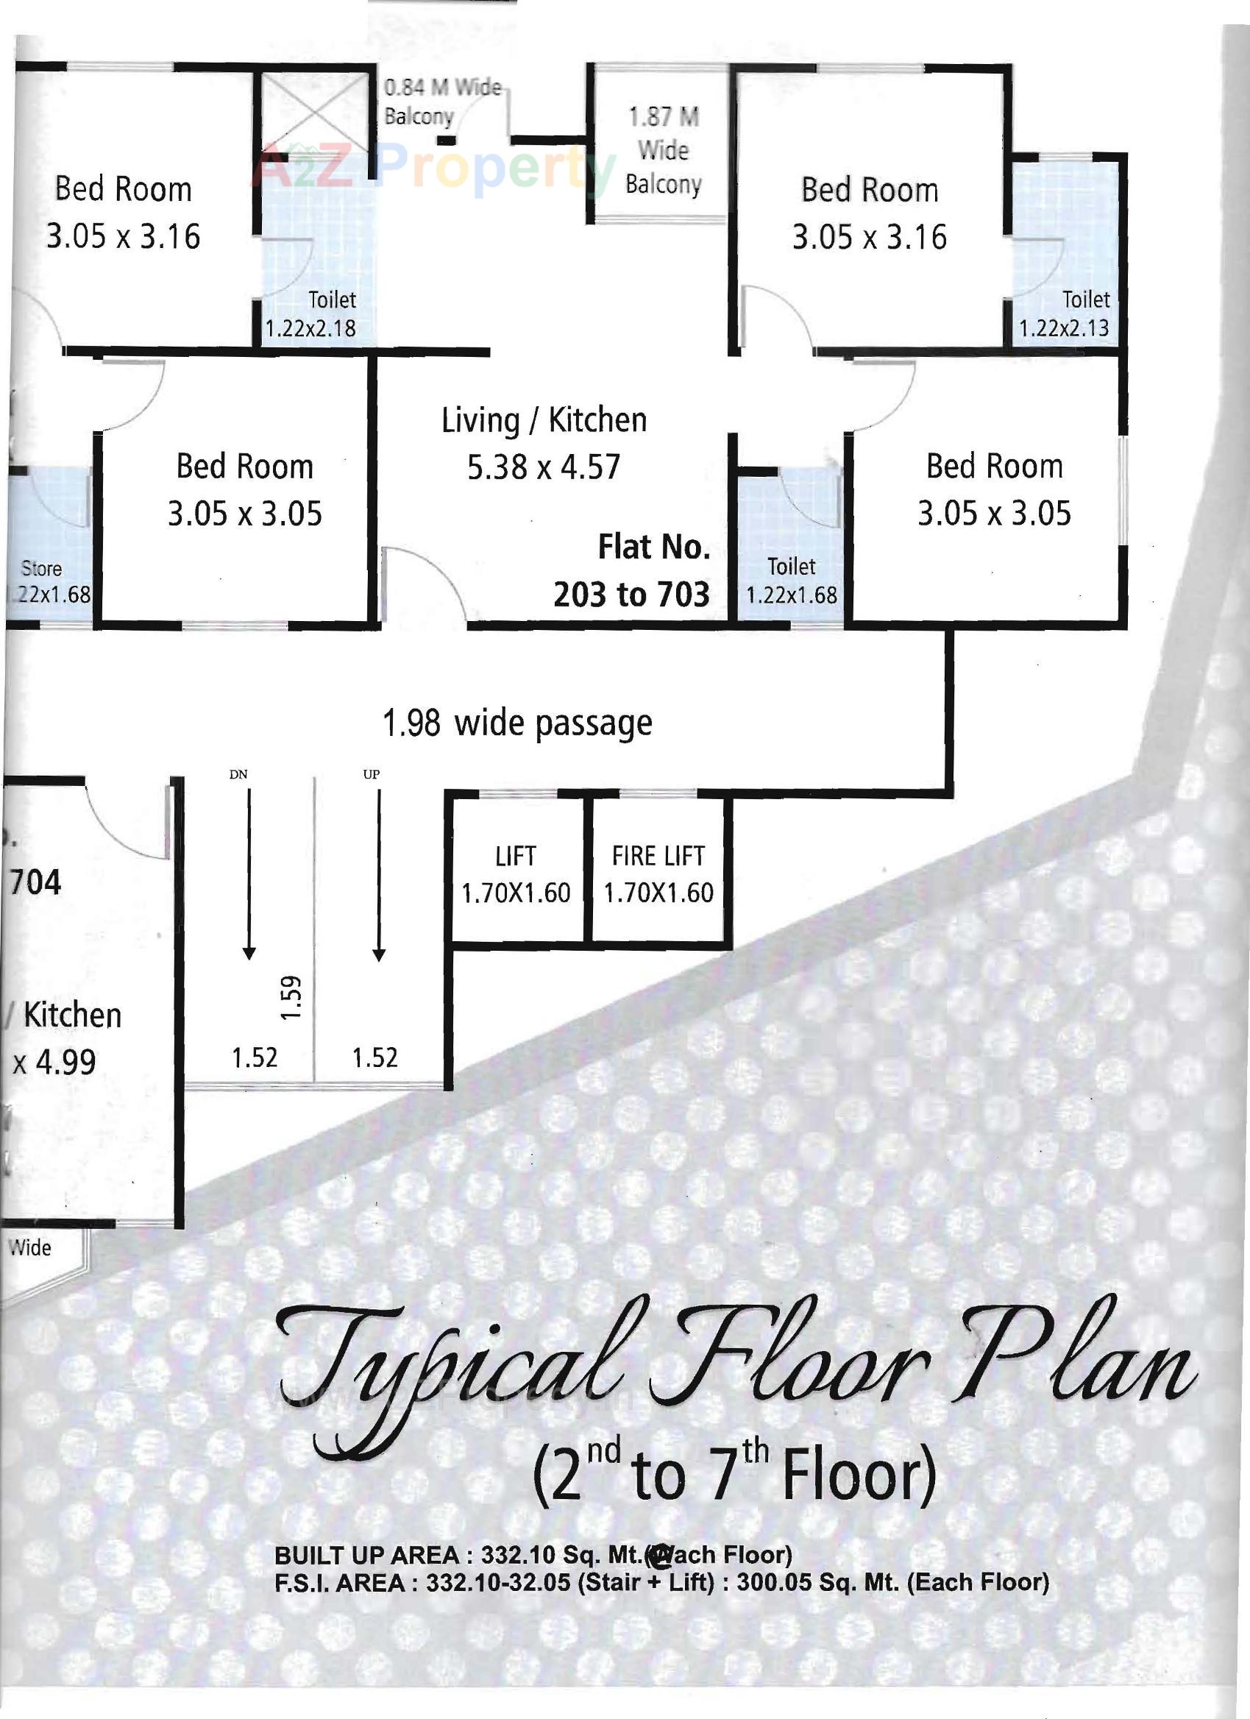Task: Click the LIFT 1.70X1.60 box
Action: coord(516,874)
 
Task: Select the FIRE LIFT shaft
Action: coord(658,874)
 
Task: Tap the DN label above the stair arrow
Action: coord(238,774)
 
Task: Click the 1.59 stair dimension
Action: coord(291,997)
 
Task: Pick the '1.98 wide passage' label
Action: coord(516,723)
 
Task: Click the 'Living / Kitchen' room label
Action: coord(544,420)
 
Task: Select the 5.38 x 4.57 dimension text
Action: coord(543,467)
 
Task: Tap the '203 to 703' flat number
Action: coord(631,595)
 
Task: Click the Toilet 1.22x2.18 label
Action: coord(310,313)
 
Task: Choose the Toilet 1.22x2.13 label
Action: coord(1065,313)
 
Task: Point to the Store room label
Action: coord(42,568)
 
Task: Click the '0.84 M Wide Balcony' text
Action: coord(441,102)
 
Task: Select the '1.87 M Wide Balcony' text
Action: coord(663,150)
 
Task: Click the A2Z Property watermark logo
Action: coord(432,169)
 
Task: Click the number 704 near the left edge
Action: coord(35,883)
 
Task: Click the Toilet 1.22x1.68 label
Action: coord(792,581)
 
